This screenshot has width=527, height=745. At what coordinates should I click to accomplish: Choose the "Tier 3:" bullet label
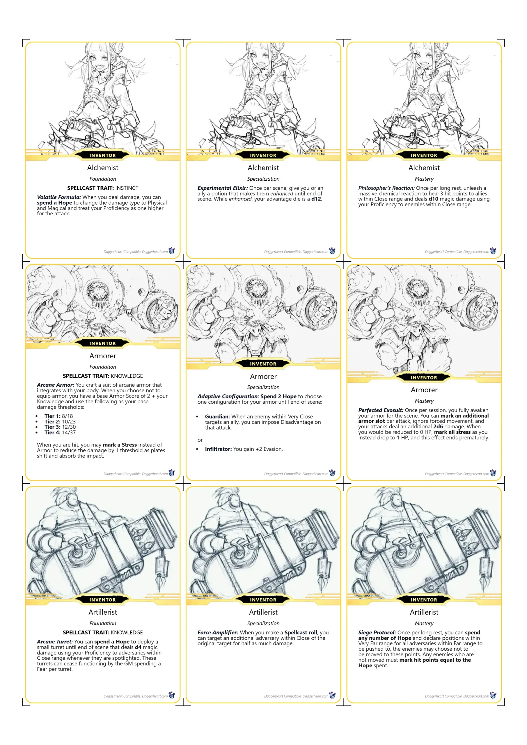(53, 427)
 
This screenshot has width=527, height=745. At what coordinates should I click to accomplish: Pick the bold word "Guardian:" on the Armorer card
(217, 416)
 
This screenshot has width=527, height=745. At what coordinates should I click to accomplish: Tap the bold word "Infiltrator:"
(218, 449)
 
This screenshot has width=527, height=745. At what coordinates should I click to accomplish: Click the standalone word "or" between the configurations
(200, 440)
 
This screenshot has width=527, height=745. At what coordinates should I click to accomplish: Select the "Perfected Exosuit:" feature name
(381, 410)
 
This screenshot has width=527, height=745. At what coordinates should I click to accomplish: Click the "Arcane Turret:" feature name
(55, 641)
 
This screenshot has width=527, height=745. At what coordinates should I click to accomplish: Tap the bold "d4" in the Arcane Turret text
(138, 647)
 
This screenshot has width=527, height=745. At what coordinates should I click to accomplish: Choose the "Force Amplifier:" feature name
(218, 632)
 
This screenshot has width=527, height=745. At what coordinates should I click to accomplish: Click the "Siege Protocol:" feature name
(377, 632)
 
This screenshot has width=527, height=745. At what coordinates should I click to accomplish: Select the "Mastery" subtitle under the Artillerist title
(424, 623)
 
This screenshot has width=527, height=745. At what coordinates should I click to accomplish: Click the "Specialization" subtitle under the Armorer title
(263, 387)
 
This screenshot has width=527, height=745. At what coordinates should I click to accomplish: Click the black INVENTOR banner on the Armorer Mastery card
(424, 378)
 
